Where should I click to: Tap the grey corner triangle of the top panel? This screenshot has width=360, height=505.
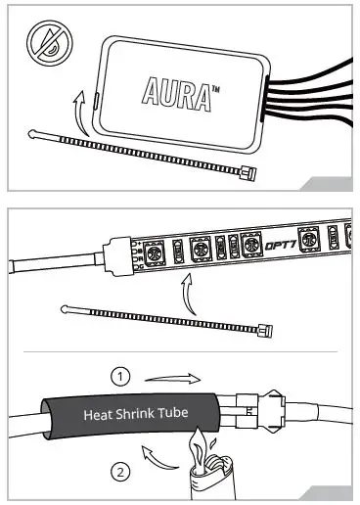[x=327, y=183]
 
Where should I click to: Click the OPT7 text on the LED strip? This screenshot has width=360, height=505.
[x=288, y=249]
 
